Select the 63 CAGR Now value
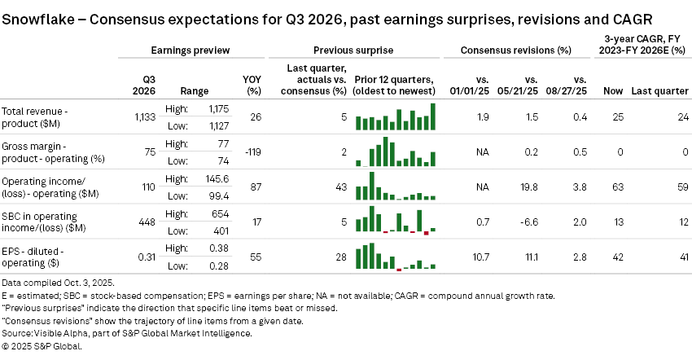coord(615,187)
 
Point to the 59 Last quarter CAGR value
coord(678,187)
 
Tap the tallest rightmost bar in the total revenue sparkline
coord(433,116)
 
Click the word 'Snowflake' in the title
coord(37,17)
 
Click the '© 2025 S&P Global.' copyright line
coord(42,345)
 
